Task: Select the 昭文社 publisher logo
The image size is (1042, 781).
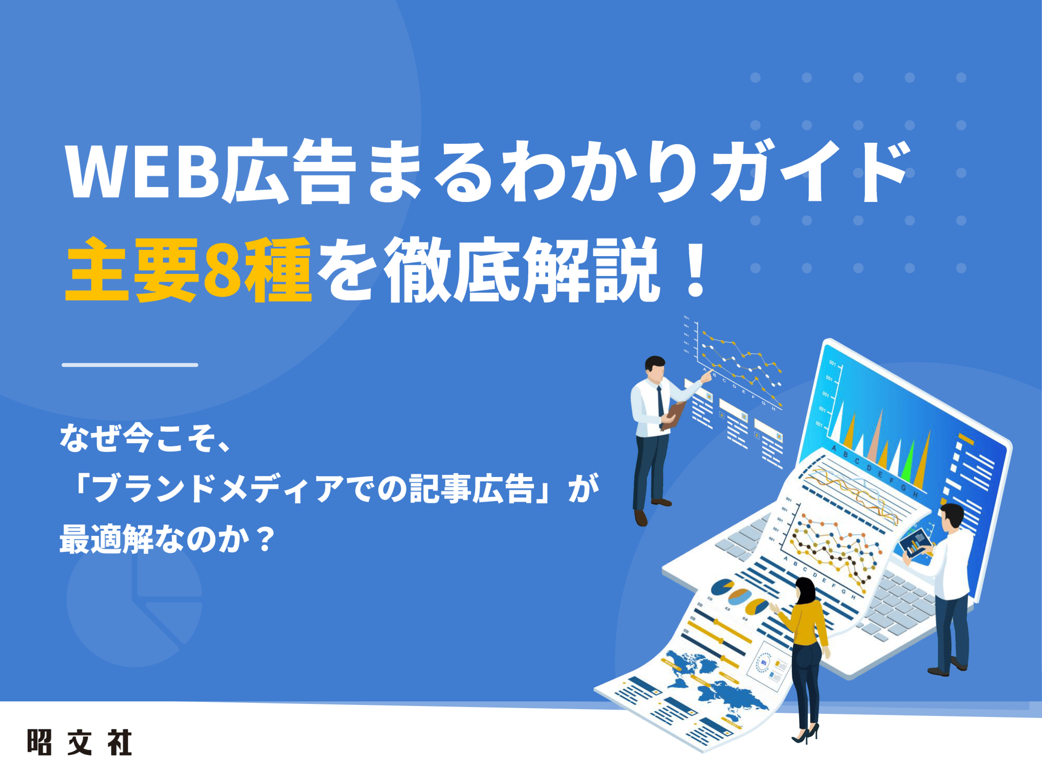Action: coord(79,742)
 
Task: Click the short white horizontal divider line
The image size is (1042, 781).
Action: coord(130,365)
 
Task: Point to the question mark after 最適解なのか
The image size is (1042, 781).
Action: coord(266,540)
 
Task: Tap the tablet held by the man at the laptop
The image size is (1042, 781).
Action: coord(915,541)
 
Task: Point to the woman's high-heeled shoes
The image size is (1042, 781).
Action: coord(805,735)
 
